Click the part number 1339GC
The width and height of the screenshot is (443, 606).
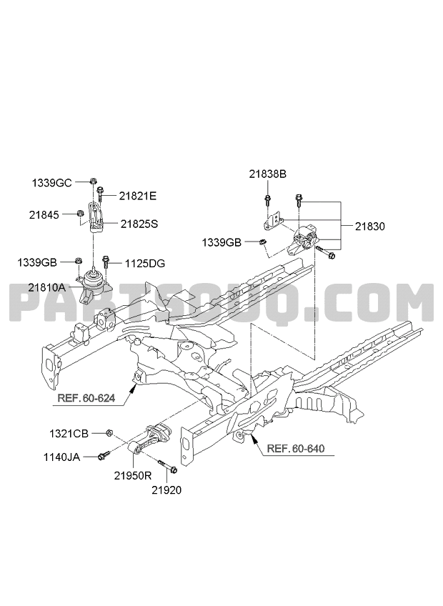[51, 183]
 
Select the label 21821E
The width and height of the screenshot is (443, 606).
[138, 197]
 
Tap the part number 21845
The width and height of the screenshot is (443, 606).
[44, 215]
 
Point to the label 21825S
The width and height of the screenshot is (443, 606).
[139, 224]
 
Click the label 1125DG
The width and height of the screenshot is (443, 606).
[145, 264]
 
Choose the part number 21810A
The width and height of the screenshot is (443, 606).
[46, 288]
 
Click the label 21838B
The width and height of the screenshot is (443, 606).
[267, 174]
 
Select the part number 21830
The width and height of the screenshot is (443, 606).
[370, 227]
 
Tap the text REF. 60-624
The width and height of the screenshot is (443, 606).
[86, 397]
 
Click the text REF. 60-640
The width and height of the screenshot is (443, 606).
[296, 449]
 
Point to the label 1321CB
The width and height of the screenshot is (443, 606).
[69, 434]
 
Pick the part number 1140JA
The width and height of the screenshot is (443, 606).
[61, 457]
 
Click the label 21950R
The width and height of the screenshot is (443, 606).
[133, 476]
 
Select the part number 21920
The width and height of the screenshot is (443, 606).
[166, 490]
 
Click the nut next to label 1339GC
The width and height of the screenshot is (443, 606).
[93, 181]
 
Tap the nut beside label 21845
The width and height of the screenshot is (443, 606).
[81, 213]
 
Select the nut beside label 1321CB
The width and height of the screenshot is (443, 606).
[109, 432]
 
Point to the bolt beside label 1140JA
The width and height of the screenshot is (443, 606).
[104, 455]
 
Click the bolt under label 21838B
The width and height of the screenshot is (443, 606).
[267, 201]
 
